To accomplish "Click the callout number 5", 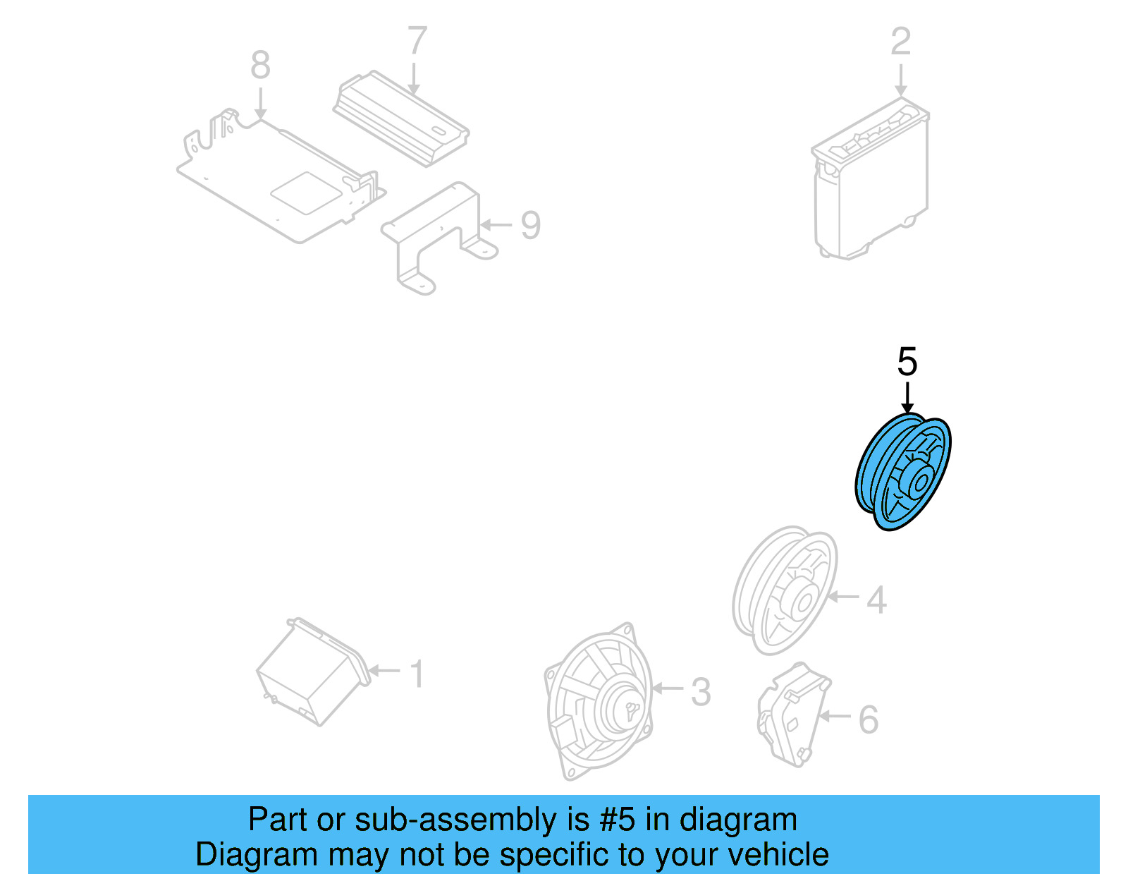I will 907,362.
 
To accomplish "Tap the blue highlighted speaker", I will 903,472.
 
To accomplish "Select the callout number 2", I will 900,42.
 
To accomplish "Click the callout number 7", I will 417,41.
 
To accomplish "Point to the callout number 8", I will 260,66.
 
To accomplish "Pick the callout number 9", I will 530,226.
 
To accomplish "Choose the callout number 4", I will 876,600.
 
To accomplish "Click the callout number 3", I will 700,692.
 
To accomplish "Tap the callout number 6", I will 868,720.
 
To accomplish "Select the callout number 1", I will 417,674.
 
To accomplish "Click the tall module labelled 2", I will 870,181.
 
